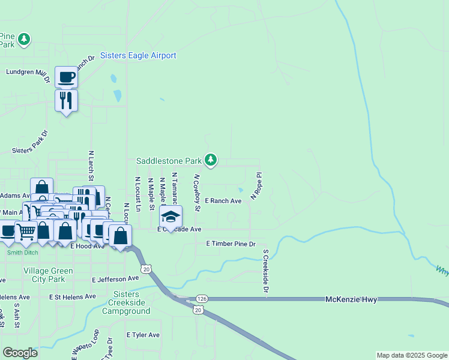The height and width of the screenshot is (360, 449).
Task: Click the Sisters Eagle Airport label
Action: click(139, 56)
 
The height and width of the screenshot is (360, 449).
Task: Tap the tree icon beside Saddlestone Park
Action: click(210, 160)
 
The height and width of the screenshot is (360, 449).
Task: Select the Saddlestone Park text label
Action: click(169, 161)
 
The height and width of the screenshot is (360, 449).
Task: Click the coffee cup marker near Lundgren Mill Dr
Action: click(66, 77)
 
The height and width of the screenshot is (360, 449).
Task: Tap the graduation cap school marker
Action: click(171, 217)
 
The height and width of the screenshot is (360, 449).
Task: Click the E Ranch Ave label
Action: click(223, 201)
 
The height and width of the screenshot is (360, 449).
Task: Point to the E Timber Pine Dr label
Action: click(231, 244)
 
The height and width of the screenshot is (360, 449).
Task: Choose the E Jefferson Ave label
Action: click(116, 280)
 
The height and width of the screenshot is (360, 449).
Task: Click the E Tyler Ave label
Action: click(143, 335)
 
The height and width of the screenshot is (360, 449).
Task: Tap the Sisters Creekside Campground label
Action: click(126, 302)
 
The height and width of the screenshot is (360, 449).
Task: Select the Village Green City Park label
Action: click(48, 275)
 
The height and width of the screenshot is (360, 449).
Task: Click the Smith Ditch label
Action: click(22, 253)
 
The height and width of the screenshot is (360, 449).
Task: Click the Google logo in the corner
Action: click(20, 353)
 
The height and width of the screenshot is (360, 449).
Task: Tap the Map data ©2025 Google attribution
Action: click(411, 355)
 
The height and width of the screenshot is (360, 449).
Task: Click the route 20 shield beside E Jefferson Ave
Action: click(146, 269)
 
